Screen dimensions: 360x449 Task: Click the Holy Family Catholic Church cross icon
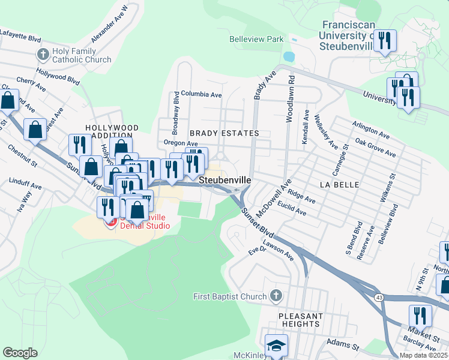(43, 55)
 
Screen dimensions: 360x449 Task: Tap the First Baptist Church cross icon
(276, 296)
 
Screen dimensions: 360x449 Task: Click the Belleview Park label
(256, 39)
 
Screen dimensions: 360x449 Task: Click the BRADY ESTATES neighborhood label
(224, 133)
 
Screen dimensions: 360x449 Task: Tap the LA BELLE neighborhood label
(339, 185)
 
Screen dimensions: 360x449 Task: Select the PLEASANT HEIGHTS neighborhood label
(300, 320)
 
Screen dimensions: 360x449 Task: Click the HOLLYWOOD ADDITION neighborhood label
(112, 133)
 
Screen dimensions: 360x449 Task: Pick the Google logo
(20, 352)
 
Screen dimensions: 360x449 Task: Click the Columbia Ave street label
(202, 95)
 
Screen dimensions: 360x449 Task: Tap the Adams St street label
(343, 343)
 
